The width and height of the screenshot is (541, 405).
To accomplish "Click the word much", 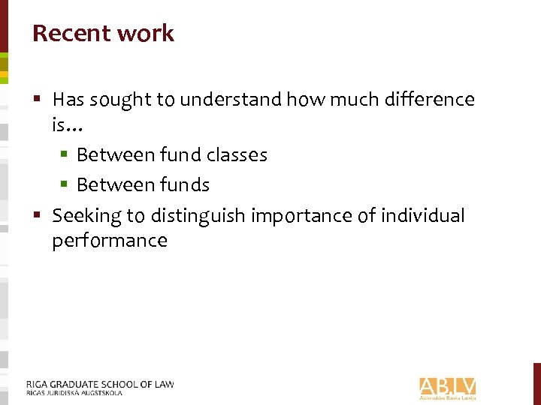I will click(343, 99).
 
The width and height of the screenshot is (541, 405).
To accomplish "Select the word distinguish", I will click(198, 216).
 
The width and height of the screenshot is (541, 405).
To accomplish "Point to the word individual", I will click(423, 216).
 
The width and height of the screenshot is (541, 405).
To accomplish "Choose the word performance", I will click(110, 241).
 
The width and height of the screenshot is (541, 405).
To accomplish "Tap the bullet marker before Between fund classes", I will click(65, 155).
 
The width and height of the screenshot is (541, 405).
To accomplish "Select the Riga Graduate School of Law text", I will click(100, 384).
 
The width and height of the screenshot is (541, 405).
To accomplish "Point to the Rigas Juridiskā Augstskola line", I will click(74, 392).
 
